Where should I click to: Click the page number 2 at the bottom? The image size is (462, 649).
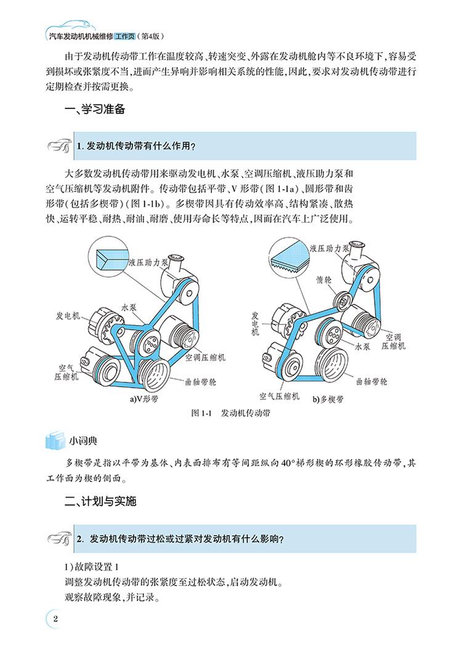(55, 619)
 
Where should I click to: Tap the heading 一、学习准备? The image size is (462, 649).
(95, 109)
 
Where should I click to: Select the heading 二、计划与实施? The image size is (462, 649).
(100, 501)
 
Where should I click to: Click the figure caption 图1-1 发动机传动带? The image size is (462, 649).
(230, 413)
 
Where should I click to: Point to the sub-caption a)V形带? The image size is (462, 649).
(144, 399)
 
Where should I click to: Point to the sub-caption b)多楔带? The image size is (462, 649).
(328, 400)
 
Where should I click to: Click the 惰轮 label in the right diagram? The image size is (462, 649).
(324, 280)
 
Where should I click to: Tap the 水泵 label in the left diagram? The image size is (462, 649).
(129, 307)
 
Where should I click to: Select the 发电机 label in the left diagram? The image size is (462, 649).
(68, 315)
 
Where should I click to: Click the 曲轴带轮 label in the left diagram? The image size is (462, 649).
(200, 382)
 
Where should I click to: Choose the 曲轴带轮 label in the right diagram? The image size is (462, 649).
(371, 382)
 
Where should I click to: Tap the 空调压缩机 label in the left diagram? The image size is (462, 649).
(205, 357)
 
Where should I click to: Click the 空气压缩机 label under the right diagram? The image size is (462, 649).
(280, 396)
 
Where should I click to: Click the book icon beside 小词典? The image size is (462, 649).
(55, 440)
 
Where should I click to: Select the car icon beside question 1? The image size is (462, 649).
(59, 146)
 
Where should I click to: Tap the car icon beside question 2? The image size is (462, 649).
(59, 539)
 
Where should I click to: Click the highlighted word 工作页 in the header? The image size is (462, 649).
(124, 36)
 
